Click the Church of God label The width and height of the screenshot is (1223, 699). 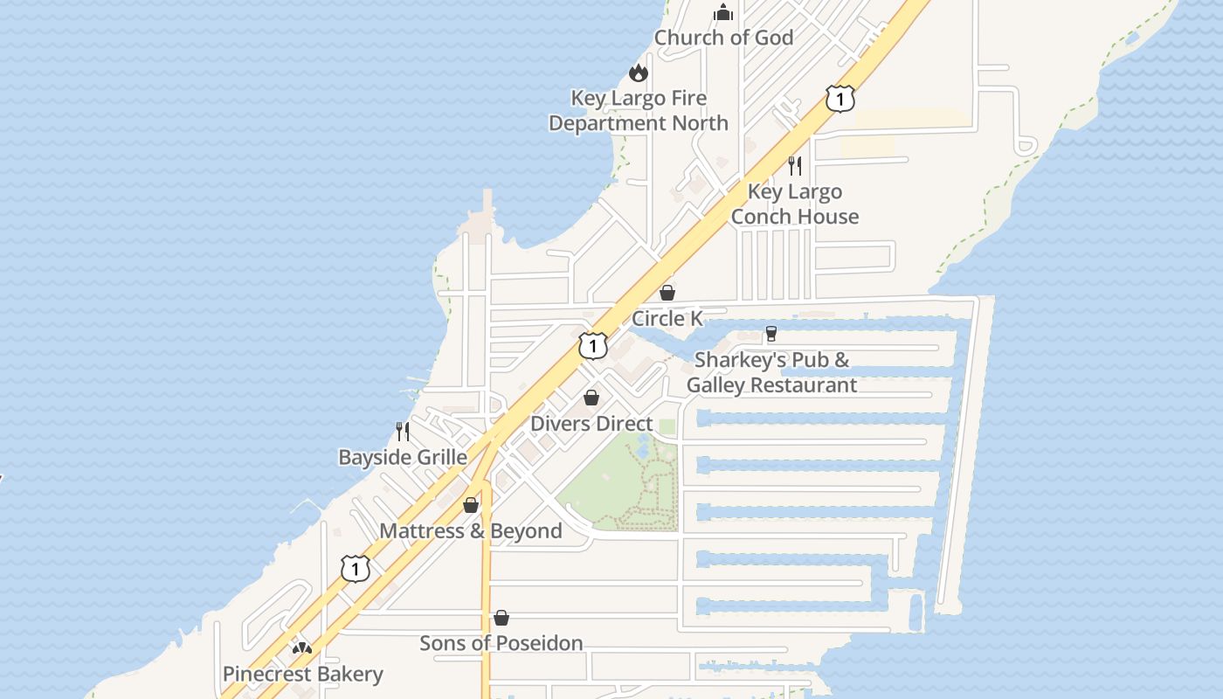point(723,38)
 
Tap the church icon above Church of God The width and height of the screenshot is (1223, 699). point(723,12)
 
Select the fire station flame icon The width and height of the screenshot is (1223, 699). point(639,73)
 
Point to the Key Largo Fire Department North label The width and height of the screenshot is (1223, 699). point(639,111)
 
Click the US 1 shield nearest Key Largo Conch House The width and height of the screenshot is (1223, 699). point(840,99)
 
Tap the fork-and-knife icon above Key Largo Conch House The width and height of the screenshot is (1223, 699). point(795,165)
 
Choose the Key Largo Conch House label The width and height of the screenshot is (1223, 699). point(795,204)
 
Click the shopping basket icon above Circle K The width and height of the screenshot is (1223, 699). point(667,292)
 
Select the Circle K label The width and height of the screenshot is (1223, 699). point(667,318)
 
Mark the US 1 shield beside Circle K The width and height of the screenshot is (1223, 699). point(593,346)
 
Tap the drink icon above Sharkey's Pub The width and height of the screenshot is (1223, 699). point(770,334)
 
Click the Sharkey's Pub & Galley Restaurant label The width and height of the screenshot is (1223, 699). point(771,372)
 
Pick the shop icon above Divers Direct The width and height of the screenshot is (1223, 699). point(591,398)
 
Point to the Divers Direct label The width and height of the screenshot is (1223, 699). point(591,424)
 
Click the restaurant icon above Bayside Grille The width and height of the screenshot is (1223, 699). point(403,431)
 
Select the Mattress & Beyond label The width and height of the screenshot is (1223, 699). point(471,531)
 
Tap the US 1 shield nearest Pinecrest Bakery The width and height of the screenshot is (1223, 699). point(355,569)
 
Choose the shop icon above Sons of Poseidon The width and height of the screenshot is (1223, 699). point(501,618)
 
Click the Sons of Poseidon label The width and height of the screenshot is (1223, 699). point(501,643)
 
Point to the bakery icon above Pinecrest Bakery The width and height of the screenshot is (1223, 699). point(302,648)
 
